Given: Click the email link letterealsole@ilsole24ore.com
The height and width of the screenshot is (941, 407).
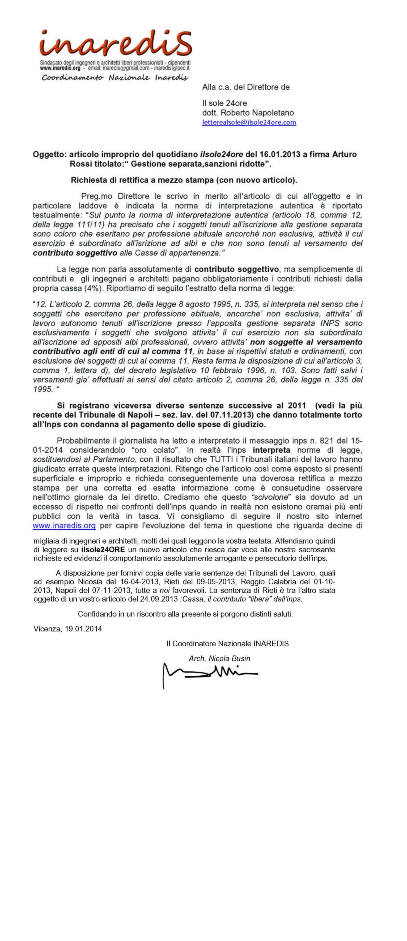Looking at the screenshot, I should click(x=249, y=122).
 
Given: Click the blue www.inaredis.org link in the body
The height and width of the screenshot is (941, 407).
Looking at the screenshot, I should click(x=64, y=526).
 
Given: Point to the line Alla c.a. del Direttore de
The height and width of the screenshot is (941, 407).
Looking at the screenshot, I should click(x=246, y=87).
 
